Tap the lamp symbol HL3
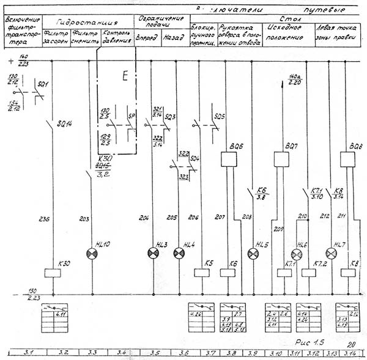click(152, 253)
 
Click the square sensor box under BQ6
click(228, 160)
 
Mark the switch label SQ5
click(220, 117)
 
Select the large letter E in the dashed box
click(125, 76)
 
